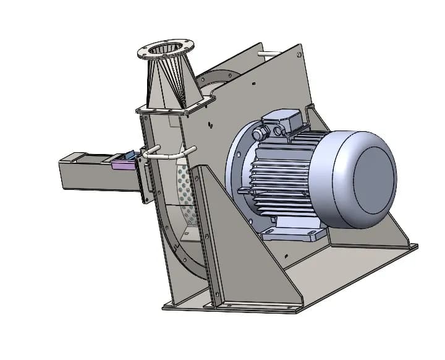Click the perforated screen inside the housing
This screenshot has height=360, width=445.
tap(184, 186)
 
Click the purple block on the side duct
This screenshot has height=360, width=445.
tap(122, 163)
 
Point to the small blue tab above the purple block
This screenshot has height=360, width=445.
tap(130, 154)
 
